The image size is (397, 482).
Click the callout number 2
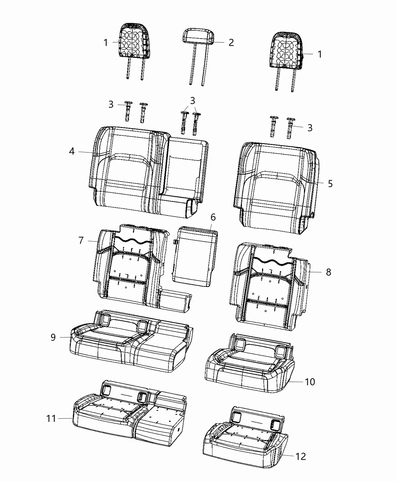pyautogui.click(x=231, y=42)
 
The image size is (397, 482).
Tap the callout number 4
pyautogui.click(x=72, y=151)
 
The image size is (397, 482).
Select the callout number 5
pyautogui.click(x=330, y=184)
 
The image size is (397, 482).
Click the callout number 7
pyautogui.click(x=81, y=240)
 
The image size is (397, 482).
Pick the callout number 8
pyautogui.click(x=328, y=272)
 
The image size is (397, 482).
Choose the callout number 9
pyautogui.click(x=53, y=337)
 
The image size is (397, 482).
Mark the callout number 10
pyautogui.click(x=310, y=382)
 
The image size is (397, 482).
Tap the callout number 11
pyautogui.click(x=51, y=418)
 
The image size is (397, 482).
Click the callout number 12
pyautogui.click(x=301, y=456)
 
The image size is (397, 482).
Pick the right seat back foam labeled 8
pyautogui.click(x=270, y=284)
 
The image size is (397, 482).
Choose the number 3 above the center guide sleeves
pyautogui.click(x=193, y=101)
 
